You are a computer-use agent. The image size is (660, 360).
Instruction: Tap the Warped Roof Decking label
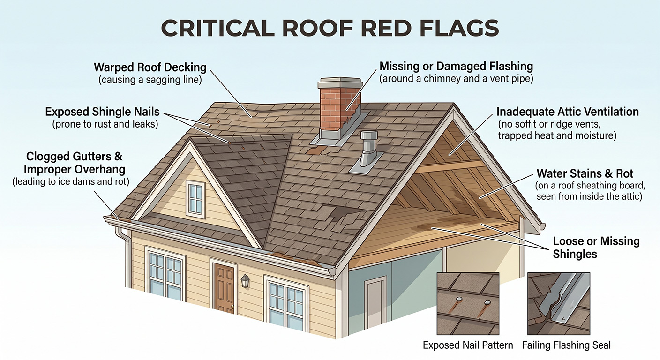point(150,67)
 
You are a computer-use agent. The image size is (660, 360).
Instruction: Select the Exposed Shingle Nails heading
point(102,112)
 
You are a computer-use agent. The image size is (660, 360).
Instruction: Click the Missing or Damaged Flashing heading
point(456,66)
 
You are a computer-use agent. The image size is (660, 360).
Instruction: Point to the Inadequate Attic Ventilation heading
point(568,112)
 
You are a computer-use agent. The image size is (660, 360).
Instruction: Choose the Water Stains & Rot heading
point(585,173)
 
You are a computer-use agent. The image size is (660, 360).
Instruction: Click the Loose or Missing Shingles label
point(596,247)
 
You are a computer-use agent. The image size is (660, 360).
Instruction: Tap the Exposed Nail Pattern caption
point(468,345)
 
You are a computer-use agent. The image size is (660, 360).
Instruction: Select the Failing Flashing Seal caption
point(566,345)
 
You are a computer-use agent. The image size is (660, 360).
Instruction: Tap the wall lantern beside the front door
point(245,280)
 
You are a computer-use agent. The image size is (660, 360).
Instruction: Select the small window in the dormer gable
point(195,199)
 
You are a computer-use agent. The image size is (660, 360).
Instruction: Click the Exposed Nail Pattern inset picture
point(468,303)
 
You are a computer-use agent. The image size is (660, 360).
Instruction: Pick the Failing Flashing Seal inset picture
point(559,303)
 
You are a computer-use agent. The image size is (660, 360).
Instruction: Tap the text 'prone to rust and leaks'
point(105,124)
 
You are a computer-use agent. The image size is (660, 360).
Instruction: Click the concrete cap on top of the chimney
point(340,82)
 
